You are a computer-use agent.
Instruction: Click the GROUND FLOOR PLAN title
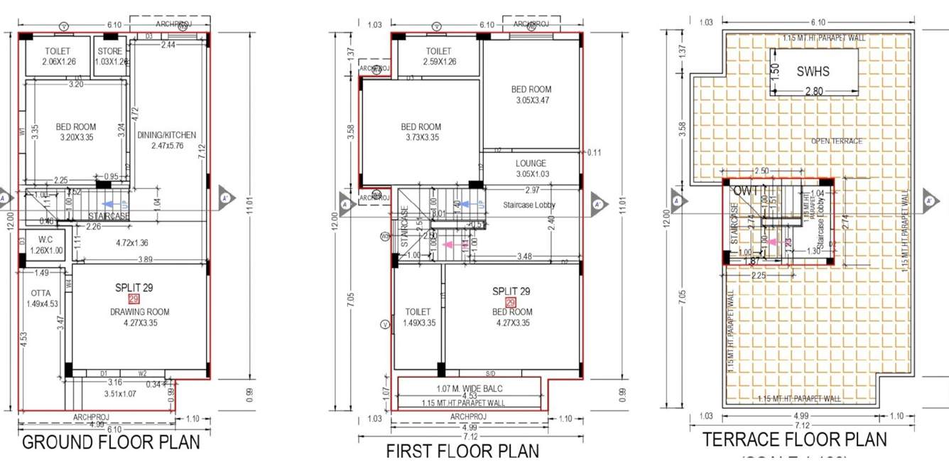(x=111, y=442)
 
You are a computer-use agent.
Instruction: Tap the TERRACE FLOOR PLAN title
(x=795, y=439)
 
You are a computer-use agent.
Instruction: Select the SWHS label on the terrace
(x=813, y=71)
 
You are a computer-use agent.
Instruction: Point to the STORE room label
(x=110, y=51)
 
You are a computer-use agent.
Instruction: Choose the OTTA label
(x=40, y=293)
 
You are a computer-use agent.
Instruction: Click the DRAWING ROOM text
(x=139, y=312)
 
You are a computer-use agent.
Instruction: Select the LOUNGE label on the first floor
(x=531, y=163)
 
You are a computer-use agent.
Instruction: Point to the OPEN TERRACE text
(x=837, y=141)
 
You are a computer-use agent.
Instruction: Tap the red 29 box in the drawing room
(x=134, y=300)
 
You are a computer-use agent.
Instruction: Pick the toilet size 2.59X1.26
(x=438, y=62)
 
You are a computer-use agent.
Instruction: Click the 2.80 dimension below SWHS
(x=813, y=92)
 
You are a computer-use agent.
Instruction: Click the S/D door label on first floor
(x=489, y=374)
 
